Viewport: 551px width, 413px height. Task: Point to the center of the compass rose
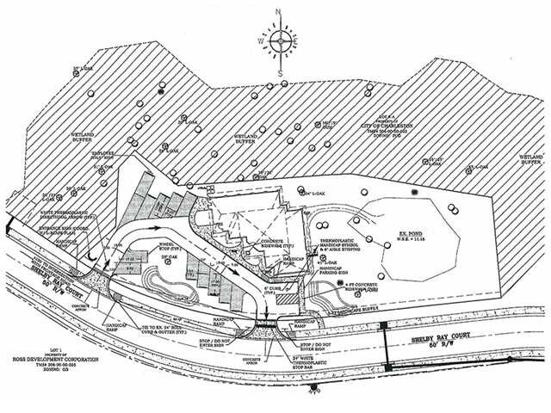pyautogui.click(x=280, y=40)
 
